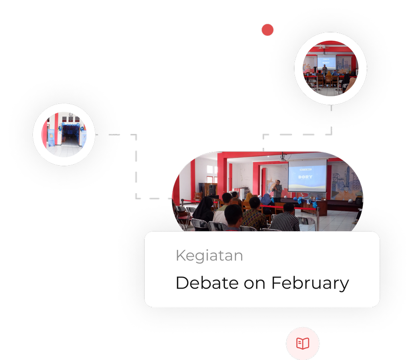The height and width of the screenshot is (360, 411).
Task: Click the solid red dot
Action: click(x=268, y=30)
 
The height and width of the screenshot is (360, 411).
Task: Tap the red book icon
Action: click(x=303, y=344)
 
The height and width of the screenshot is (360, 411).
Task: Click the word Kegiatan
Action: click(x=209, y=256)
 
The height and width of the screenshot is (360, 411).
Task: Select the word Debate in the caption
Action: click(x=207, y=283)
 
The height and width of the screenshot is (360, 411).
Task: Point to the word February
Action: click(x=310, y=284)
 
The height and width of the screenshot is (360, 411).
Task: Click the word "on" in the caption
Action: click(x=255, y=285)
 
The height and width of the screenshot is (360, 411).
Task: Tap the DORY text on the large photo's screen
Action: click(x=305, y=177)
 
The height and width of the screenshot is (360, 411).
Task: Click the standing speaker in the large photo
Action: click(x=277, y=191)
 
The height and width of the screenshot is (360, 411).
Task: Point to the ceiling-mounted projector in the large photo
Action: click(x=283, y=158)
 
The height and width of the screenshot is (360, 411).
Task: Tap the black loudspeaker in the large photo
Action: click(x=212, y=190)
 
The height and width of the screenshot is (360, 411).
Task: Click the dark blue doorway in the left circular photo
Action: click(x=70, y=135)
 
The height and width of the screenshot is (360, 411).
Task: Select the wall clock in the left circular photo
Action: click(x=70, y=114)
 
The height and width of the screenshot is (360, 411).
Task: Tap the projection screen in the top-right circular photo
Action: click(x=326, y=62)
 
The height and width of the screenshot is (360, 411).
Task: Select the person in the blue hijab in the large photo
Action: click(x=267, y=200)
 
